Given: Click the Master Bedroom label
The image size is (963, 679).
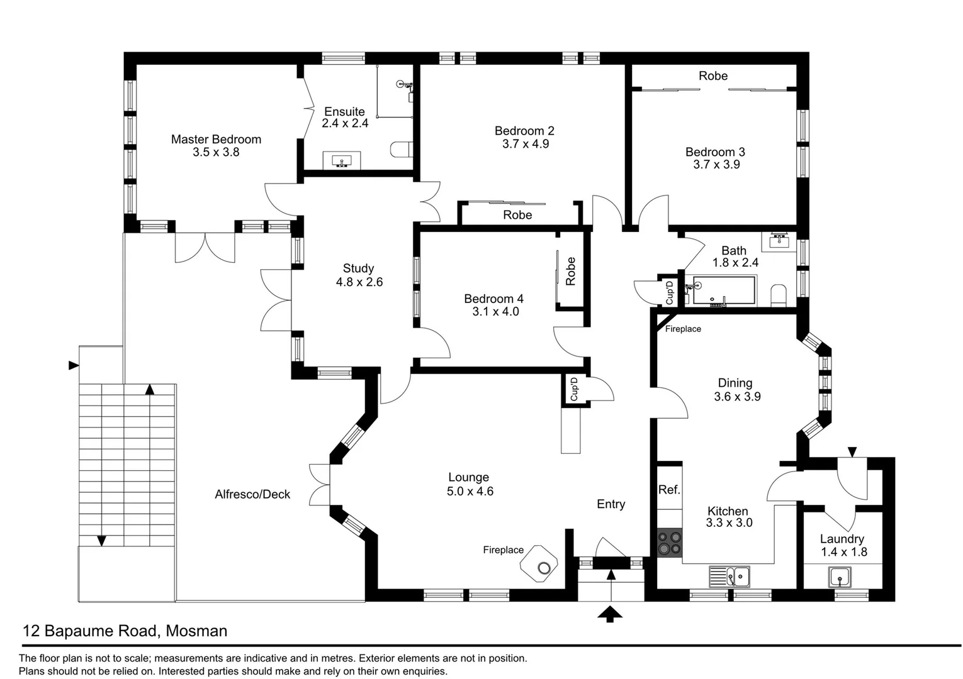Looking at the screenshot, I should coord(216,139).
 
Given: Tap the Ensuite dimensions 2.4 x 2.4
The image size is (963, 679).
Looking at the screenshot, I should coord(345,124).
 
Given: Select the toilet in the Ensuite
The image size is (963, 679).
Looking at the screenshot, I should coord(400,150).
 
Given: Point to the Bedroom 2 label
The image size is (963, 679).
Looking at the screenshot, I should coord(524,131).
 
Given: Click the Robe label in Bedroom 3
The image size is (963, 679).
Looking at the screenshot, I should coord(712,75).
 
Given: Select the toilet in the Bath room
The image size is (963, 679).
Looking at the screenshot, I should coord(779,294).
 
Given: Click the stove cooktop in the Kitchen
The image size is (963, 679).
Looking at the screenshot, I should coord(669,543).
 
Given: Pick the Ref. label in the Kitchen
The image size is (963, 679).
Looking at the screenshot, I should coord(668,490).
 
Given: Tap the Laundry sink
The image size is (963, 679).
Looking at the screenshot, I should coord(840,577).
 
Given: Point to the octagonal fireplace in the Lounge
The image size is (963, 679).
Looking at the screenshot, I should coord(539,565).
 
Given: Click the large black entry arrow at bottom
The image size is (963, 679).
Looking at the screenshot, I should coord(610,614).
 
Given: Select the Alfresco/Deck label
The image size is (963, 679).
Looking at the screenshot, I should coord(252,494).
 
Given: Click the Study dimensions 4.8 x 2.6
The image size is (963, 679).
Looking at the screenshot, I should coord(359,282).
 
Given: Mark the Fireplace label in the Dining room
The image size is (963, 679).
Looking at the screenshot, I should coord(683,329).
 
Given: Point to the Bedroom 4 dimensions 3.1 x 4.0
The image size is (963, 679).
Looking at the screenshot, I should coord(495,312).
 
